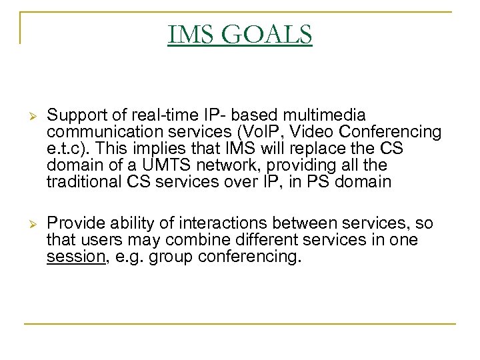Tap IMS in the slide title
pos(193,35)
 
